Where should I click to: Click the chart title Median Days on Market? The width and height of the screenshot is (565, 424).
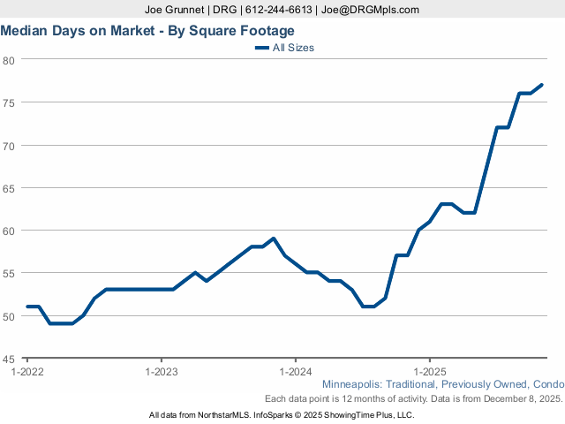[x=147, y=30]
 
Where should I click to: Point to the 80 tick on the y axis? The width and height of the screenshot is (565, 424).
[x=8, y=60]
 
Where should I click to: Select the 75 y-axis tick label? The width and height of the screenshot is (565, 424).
[x=8, y=102]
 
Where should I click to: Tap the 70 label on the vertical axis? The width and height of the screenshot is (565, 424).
[x=8, y=145]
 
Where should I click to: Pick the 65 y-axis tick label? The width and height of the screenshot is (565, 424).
[x=8, y=188]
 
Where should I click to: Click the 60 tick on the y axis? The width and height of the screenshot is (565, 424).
[x=8, y=231]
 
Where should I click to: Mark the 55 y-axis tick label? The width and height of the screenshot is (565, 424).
[x=8, y=273]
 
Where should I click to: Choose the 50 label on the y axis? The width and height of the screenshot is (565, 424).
[x=8, y=316]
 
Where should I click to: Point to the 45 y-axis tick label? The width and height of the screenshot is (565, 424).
[x=8, y=359]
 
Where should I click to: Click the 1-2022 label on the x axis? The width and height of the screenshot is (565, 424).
[x=27, y=371]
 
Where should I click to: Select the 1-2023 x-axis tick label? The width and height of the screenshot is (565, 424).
[x=161, y=371]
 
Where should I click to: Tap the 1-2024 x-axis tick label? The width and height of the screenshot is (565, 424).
[x=295, y=371]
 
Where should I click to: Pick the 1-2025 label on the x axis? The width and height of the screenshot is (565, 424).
[x=429, y=371]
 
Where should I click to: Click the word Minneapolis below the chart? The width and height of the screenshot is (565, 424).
[x=354, y=385]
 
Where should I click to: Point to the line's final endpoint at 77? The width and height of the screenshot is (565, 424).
[x=542, y=85]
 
